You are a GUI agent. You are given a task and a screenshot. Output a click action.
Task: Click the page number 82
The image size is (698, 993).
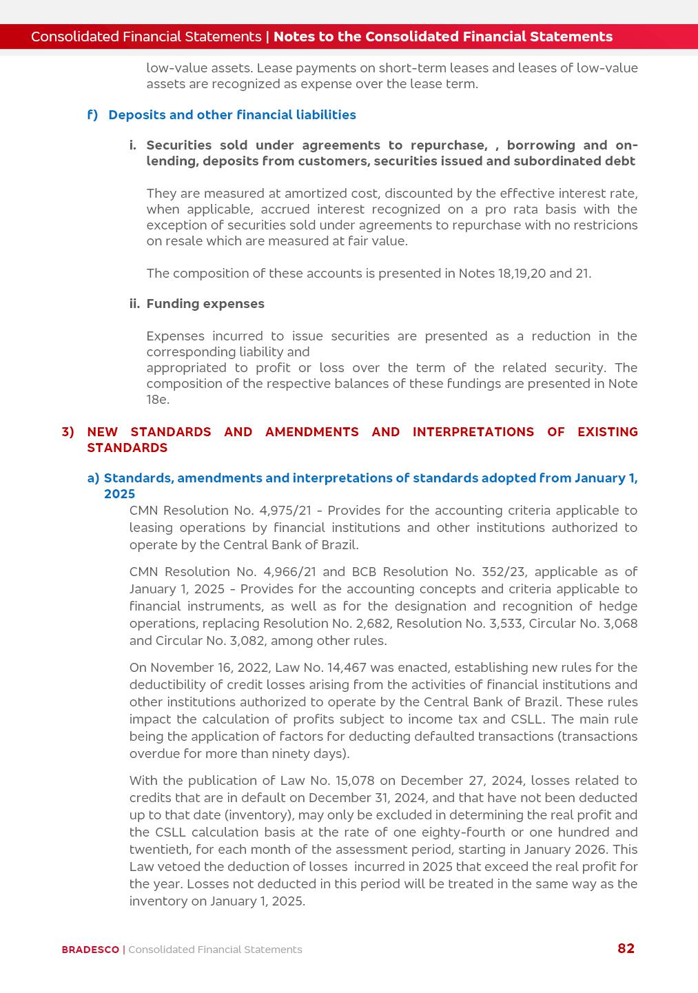click(x=626, y=948)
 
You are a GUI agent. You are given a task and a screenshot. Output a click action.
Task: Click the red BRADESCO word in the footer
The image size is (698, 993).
click(x=90, y=950)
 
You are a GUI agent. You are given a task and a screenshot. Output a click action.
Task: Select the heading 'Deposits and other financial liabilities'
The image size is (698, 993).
click(x=232, y=115)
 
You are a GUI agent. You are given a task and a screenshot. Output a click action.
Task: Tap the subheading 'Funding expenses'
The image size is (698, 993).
click(x=205, y=304)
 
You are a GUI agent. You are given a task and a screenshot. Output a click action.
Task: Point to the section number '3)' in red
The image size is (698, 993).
click(x=68, y=432)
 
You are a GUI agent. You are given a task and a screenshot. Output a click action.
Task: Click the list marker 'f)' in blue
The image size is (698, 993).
click(x=92, y=115)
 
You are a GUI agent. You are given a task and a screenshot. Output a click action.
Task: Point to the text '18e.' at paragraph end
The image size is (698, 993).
click(x=157, y=400)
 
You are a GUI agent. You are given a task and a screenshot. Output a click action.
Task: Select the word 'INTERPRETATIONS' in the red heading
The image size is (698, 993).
click(x=473, y=432)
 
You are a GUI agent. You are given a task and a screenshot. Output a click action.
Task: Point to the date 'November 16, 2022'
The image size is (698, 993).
click(x=210, y=668)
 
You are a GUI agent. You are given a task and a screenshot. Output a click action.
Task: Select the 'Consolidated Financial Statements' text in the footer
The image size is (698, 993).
click(x=215, y=950)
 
